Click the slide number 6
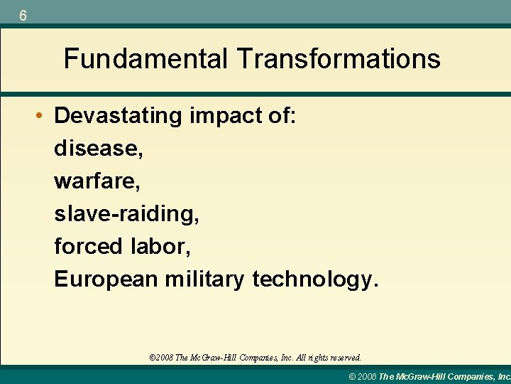click(x=23, y=15)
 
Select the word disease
click(x=94, y=149)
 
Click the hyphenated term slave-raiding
click(x=127, y=214)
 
